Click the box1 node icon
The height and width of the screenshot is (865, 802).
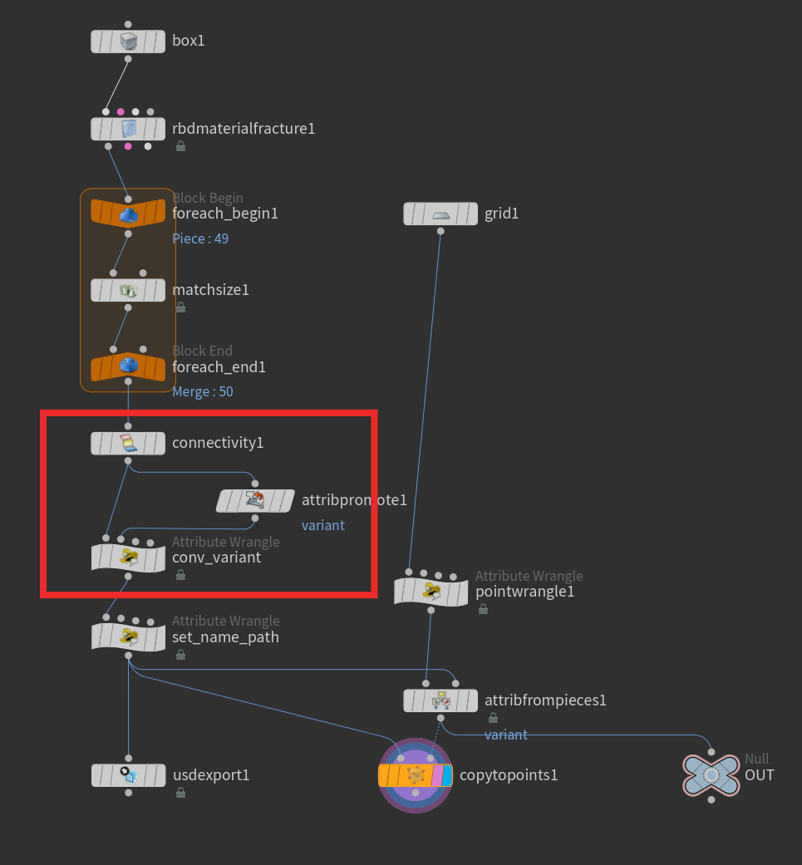click(129, 42)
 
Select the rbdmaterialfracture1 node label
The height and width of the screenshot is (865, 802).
click(244, 129)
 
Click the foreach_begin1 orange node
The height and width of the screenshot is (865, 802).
click(128, 214)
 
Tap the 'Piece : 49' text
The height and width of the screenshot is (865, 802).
click(200, 238)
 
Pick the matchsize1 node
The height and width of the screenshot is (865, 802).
click(128, 290)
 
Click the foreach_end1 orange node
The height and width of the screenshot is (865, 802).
click(128, 366)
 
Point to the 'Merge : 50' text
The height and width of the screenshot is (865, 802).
click(203, 391)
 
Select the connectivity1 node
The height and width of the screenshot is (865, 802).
click(128, 444)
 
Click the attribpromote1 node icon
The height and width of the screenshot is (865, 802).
click(255, 500)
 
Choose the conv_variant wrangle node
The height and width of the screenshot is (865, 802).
click(129, 558)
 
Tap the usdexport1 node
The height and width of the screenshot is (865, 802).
click(129, 775)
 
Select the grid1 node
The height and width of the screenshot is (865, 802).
click(440, 214)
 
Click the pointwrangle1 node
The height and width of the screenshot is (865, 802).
click(431, 592)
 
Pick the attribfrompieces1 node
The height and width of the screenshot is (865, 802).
click(440, 700)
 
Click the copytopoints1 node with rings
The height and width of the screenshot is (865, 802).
click(416, 775)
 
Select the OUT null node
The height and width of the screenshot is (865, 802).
click(711, 775)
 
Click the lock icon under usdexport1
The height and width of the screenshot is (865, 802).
click(180, 793)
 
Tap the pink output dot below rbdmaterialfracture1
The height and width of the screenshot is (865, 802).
click(128, 146)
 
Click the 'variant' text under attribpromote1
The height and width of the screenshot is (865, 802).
click(323, 525)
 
